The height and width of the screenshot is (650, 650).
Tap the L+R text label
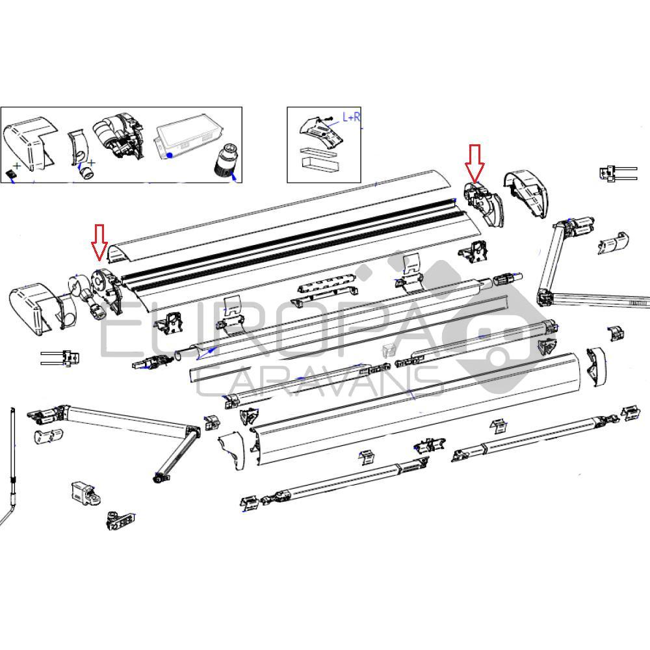click(352, 118)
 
